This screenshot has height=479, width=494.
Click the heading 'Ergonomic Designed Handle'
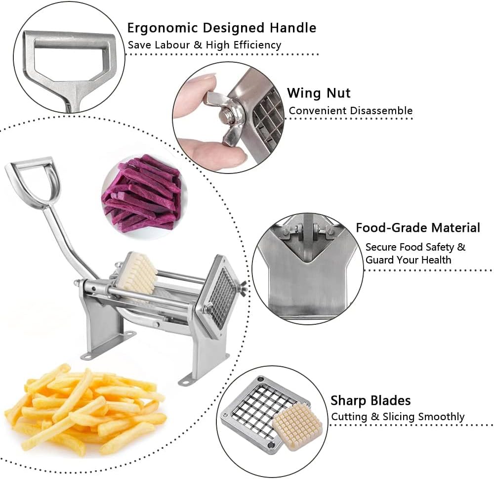[221, 28]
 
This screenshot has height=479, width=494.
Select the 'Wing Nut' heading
[319, 93]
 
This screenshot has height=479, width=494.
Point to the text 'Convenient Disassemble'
[350, 111]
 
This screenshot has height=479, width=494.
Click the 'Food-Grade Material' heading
[418, 228]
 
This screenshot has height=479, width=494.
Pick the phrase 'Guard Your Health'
[408, 260]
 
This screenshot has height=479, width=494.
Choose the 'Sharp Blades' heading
[370, 400]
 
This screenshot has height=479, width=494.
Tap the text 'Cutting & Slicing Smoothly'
[398, 417]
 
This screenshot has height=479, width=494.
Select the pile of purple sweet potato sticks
[142, 193]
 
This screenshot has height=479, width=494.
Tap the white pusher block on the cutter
[136, 272]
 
